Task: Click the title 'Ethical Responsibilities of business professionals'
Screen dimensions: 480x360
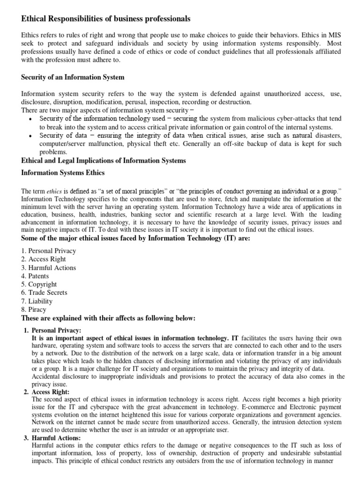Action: coord(106,19)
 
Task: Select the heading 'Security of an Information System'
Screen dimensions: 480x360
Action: coord(73,77)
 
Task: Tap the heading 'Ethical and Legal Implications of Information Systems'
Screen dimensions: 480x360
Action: coord(104,161)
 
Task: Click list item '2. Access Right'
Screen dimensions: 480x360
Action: coord(44,259)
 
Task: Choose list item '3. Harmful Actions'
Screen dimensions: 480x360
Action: coord(49,268)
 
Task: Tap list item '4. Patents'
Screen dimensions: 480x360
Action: coord(35,276)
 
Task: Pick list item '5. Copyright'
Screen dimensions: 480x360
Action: coord(39,284)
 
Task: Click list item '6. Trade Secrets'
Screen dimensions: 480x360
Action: coord(45,292)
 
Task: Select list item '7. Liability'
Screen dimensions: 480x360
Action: coord(37,301)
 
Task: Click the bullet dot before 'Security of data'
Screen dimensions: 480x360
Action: coord(30,136)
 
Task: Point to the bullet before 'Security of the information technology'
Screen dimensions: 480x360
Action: coord(30,119)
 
